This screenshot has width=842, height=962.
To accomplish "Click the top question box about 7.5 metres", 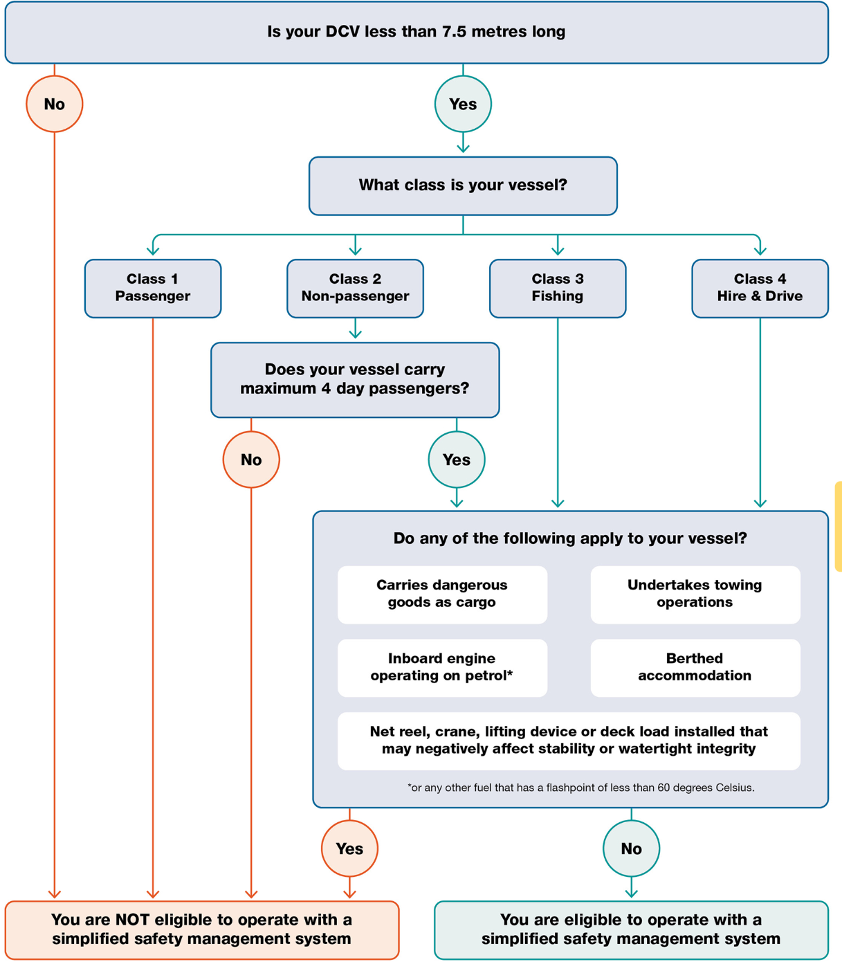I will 416,32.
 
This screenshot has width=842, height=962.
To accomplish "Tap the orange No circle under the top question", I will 55,104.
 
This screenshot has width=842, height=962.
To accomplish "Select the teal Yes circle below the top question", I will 463,104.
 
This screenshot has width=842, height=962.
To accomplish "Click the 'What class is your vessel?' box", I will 463,185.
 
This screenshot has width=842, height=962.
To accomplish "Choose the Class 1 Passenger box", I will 153,288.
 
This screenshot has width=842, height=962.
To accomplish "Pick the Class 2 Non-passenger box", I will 355,288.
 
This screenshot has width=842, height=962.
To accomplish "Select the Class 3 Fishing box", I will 558,288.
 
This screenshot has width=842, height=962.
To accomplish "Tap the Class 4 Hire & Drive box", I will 760,288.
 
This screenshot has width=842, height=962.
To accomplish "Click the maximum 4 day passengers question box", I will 355,379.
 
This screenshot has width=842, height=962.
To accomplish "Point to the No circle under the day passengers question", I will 251,460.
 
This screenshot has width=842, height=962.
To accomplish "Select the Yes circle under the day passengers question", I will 457,460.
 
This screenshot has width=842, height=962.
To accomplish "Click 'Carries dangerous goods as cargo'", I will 442,594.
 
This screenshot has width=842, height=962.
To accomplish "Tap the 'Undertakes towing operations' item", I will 695,594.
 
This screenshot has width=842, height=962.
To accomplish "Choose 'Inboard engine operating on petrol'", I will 442,667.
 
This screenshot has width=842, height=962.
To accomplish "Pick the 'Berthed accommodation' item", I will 695,667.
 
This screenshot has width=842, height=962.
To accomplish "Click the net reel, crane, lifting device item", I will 569,741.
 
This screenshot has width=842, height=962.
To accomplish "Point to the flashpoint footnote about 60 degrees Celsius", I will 580,788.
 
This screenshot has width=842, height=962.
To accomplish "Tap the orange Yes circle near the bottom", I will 349,848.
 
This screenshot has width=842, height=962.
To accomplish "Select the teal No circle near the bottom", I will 631,848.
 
